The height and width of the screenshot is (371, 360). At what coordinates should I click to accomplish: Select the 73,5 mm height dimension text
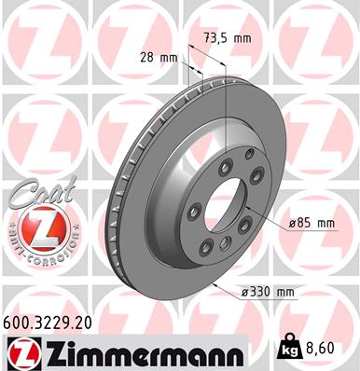[x=228, y=38]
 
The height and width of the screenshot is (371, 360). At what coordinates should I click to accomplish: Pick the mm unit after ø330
[x=284, y=293]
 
